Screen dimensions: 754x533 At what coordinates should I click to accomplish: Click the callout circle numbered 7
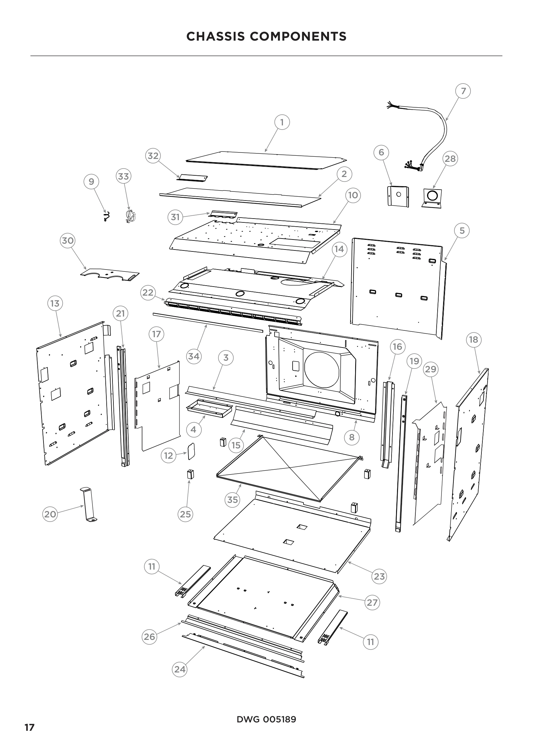(463, 91)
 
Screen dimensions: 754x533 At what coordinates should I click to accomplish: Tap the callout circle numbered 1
(282, 122)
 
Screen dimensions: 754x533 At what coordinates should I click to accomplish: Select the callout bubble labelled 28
(450, 159)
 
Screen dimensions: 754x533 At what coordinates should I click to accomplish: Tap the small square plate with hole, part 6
(398, 196)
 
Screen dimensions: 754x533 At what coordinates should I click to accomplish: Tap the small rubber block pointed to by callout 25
(190, 474)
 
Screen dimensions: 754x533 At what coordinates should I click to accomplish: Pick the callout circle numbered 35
(232, 499)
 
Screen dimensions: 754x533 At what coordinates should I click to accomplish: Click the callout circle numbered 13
(55, 303)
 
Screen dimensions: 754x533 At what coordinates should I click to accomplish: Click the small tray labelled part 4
(209, 408)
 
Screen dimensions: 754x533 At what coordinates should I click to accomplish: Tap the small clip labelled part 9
(106, 216)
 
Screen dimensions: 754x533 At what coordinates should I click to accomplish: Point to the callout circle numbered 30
(68, 240)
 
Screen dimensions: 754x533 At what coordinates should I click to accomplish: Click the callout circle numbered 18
(473, 339)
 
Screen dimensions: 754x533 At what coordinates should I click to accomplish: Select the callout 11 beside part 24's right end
(370, 642)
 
